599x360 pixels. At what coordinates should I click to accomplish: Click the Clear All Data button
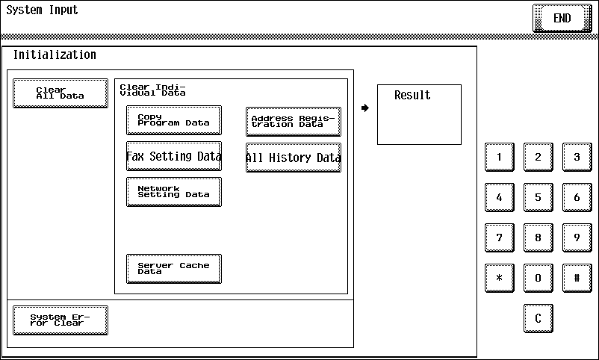coord(60,93)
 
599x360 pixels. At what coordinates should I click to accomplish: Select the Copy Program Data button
coord(174,120)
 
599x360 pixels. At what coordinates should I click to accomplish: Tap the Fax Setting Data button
coord(174,156)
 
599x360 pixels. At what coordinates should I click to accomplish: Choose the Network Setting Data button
coord(174,192)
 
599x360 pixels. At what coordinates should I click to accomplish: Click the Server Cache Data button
coord(174,269)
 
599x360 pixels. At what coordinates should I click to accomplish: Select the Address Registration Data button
coord(294,122)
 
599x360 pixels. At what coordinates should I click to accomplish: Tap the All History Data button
coord(294,158)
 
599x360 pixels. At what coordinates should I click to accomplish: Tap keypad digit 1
coord(500,157)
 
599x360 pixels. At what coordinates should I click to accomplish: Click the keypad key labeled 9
coord(577,238)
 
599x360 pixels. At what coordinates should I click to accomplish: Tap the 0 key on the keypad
coord(539,278)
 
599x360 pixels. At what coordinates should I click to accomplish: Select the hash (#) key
coord(577,278)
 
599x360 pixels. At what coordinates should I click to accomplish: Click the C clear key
coord(539,318)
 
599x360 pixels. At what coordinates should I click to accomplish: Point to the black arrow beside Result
coord(365,108)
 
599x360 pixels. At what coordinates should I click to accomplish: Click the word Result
coord(412,95)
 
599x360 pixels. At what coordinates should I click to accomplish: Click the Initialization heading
coord(55,55)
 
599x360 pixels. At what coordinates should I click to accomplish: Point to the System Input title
coord(42,10)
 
